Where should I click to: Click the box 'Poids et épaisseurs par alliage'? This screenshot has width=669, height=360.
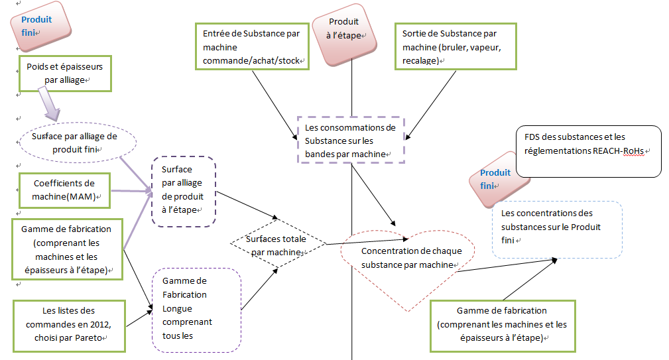(64, 73)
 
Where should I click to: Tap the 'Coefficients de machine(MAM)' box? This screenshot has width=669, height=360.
(64, 189)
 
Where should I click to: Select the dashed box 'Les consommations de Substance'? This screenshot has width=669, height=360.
(350, 140)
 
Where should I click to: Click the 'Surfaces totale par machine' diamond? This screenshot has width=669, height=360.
(278, 243)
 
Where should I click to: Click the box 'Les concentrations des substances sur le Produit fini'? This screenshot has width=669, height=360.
(556, 229)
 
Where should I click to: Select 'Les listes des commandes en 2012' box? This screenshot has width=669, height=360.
(69, 324)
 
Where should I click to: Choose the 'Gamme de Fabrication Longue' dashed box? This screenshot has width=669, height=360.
(196, 310)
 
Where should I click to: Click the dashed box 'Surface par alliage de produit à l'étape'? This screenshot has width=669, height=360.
(183, 192)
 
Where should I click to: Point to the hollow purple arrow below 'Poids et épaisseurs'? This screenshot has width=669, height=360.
(49, 105)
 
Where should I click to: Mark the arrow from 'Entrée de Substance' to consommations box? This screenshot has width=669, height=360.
(274, 104)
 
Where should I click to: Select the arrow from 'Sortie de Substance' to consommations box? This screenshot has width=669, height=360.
(431, 104)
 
